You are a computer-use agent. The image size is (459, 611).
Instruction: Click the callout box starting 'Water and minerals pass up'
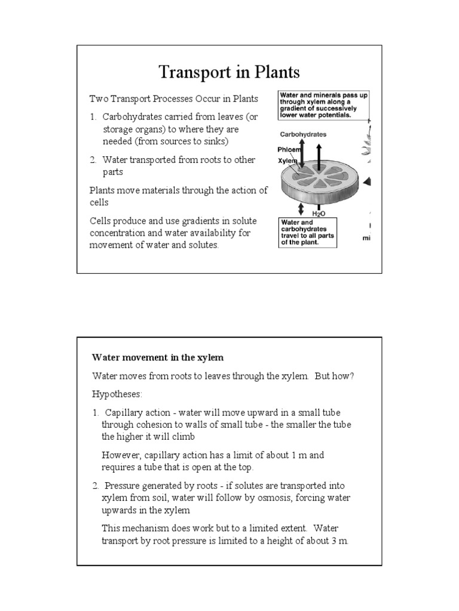[x=319, y=106]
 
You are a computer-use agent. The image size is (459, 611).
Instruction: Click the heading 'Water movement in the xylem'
[x=157, y=358]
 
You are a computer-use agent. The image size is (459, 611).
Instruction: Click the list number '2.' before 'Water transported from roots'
[x=93, y=160]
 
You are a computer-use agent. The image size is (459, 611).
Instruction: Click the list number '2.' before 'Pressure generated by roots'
[x=96, y=486]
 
